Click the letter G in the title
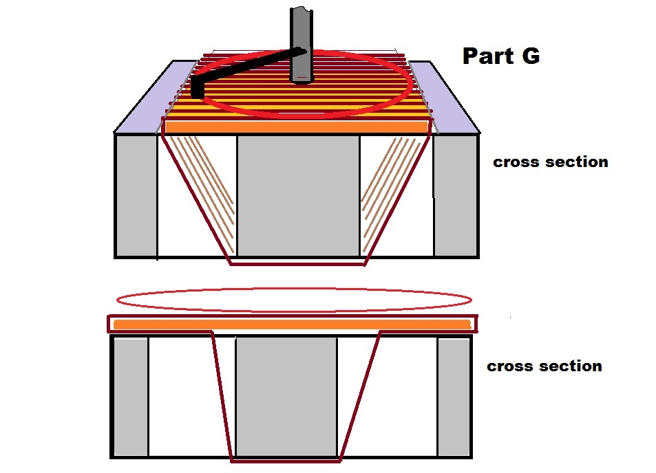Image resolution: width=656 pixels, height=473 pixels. (531, 56)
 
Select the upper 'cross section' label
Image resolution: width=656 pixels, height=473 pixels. (551, 162)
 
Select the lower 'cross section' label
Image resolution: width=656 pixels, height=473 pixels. (544, 366)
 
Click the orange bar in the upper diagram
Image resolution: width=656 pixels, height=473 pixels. (297, 127)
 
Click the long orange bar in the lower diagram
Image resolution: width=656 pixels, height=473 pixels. (293, 324)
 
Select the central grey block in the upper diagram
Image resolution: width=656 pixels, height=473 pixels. (298, 195)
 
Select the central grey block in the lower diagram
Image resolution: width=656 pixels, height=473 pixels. (286, 397)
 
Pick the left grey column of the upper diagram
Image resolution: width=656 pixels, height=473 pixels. (136, 195)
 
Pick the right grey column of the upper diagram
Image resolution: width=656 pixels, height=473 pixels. (456, 195)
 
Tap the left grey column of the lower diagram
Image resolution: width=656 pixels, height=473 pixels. (131, 397)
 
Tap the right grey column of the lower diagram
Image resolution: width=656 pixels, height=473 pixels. (454, 397)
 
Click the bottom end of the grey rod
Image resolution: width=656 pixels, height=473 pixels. (301, 82)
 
